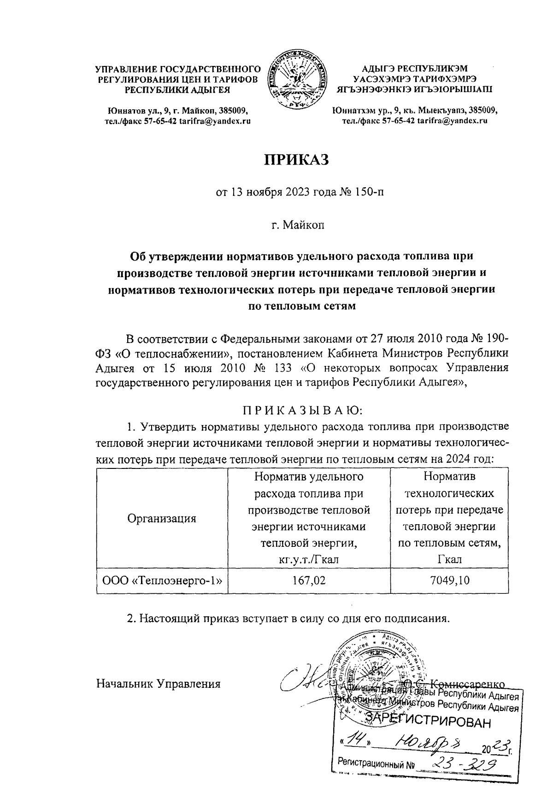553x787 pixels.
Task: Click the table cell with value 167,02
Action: tap(309, 580)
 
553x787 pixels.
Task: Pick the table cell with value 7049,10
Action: tap(449, 580)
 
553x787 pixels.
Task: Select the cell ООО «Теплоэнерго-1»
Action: tap(162, 580)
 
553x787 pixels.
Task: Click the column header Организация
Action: tap(162, 518)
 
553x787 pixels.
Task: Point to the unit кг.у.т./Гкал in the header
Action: tap(309, 560)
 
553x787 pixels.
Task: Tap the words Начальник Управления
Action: tap(158, 684)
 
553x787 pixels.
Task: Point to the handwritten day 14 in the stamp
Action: tap(355, 741)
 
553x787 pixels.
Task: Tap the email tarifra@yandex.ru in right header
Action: tap(452, 121)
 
